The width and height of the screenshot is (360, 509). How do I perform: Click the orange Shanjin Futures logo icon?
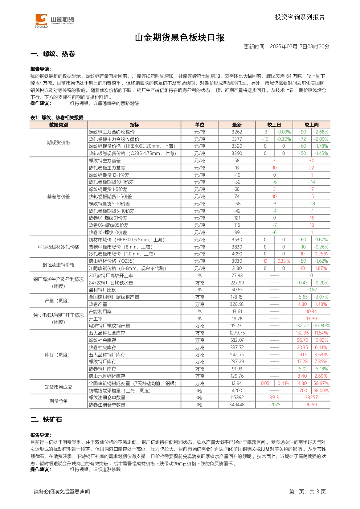(x=41, y=20)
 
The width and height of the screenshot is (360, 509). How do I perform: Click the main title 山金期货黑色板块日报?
(x=180, y=38)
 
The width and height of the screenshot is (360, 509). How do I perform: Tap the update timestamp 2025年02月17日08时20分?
(x=299, y=46)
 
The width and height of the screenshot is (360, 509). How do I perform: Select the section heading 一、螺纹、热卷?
(x=53, y=54)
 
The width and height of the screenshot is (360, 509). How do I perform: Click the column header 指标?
(x=134, y=125)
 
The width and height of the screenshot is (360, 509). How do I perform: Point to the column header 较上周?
(x=311, y=125)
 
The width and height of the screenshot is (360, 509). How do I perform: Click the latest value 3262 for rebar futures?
(x=237, y=132)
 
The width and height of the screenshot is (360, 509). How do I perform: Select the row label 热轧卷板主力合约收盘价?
(x=114, y=139)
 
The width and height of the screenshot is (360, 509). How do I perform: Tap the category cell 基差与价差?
(x=58, y=197)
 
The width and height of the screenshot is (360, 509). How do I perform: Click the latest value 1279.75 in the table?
(x=237, y=333)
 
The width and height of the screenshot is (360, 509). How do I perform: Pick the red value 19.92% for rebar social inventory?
(x=321, y=340)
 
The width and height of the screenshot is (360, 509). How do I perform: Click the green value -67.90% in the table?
(x=321, y=326)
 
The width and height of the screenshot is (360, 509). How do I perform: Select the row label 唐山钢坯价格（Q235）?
(x=112, y=261)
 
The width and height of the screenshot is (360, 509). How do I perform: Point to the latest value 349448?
(x=237, y=405)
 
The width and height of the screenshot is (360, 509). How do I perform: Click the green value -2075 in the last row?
(x=274, y=405)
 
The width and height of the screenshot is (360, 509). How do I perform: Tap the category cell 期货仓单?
(x=58, y=401)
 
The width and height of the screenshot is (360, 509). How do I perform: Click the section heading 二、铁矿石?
(x=46, y=419)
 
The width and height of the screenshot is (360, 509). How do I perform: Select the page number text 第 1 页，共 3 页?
(x=307, y=492)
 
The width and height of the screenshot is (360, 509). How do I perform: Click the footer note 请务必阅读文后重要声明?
(x=62, y=492)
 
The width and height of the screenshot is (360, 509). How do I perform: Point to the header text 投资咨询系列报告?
(x=300, y=17)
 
